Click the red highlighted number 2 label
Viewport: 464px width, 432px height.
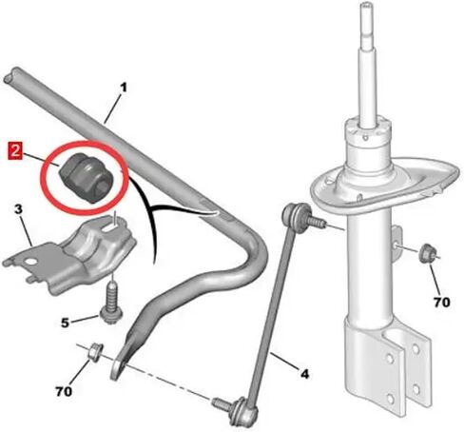coord(14,151)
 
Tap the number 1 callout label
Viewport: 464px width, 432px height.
coord(124,88)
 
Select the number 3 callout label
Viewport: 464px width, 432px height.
coord(18,209)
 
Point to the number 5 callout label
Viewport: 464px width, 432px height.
coord(65,323)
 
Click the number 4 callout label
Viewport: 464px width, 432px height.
coord(304,374)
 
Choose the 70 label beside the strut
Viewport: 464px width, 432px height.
coord(442,303)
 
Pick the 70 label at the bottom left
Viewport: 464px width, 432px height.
coord(64,391)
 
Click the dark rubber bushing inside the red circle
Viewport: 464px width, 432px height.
coord(87,177)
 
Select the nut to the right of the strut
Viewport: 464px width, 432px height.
coord(427,252)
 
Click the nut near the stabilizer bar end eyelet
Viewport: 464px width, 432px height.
coord(94,352)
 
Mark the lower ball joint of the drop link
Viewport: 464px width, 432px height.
coord(243,411)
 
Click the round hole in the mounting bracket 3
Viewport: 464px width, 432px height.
coord(31,262)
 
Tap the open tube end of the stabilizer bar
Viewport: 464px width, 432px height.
coord(10,78)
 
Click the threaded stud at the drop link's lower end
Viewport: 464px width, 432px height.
coord(222,403)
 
